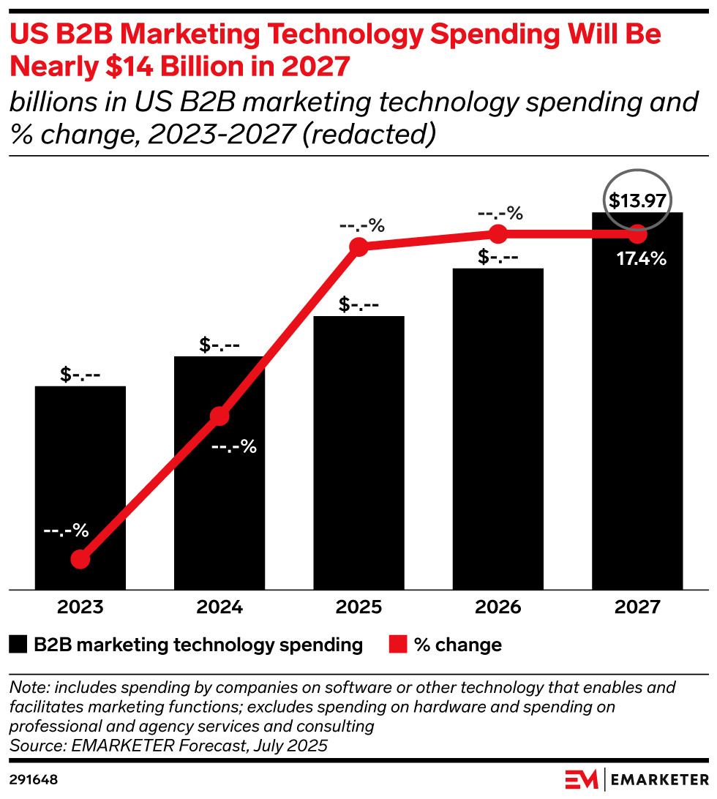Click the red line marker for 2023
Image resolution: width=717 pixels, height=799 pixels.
click(x=80, y=560)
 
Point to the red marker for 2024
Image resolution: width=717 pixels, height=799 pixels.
click(x=219, y=416)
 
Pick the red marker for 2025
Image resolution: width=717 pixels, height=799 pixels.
click(x=358, y=247)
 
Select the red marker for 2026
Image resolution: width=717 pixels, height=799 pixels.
click(x=498, y=234)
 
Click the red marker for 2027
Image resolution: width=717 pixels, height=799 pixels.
click(x=637, y=235)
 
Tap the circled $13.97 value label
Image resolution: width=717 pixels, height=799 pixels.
click(x=637, y=200)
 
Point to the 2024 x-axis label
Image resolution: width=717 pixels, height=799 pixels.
click(x=219, y=607)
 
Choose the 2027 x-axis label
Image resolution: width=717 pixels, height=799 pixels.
click(x=637, y=607)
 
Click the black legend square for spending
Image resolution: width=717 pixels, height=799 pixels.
click(x=18, y=645)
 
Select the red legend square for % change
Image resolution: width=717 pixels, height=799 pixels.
click(x=397, y=645)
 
